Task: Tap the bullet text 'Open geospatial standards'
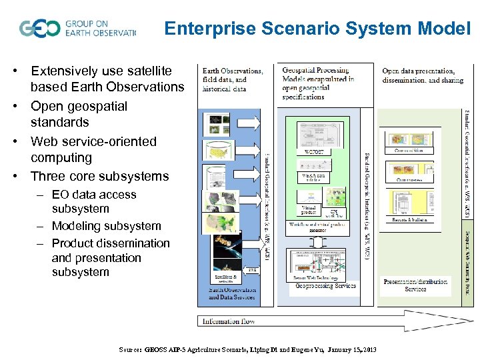(x=79, y=114)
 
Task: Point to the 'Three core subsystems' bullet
(x=100, y=176)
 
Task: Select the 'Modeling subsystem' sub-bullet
(x=106, y=226)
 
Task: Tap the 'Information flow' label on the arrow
(x=229, y=321)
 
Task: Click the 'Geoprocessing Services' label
(x=326, y=286)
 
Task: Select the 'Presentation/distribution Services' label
(x=415, y=285)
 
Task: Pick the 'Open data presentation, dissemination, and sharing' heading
(x=419, y=75)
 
